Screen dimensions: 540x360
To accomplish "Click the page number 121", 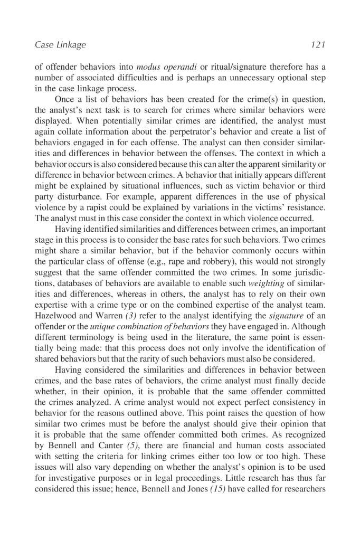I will (x=318, y=45).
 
